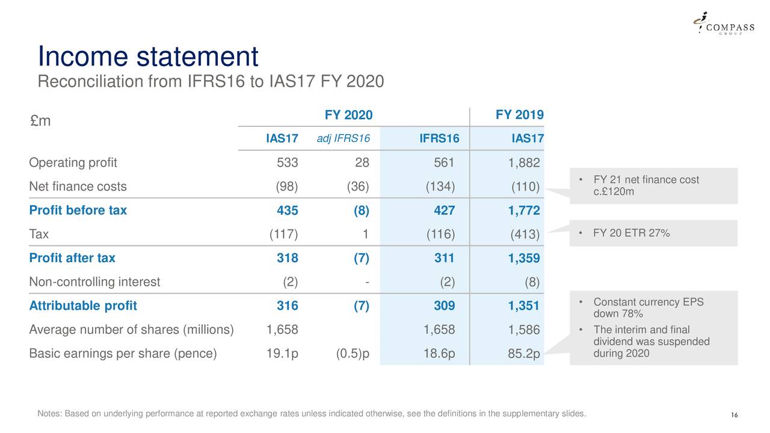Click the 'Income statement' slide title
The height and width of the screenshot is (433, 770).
coord(148,57)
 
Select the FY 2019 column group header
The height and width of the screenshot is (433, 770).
coord(519,115)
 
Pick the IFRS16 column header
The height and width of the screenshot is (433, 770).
coord(439,140)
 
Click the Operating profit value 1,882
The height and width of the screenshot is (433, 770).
coord(523,164)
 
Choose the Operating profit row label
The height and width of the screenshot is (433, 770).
coord(73,163)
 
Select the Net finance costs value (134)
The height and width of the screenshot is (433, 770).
coord(440,186)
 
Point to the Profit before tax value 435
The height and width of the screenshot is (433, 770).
coord(287,210)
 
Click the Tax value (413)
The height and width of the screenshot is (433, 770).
coord(525,235)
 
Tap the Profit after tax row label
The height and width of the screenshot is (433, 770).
coord(72,258)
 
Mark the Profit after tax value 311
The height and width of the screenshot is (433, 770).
coord(444,258)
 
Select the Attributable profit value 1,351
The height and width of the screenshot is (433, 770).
coord(523,306)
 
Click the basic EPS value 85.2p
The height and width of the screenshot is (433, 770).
coord(523,354)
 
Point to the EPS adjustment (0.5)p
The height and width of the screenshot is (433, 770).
coord(353,354)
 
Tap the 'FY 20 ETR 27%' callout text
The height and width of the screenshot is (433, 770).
coord(631,233)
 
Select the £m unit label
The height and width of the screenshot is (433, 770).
coord(40,121)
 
